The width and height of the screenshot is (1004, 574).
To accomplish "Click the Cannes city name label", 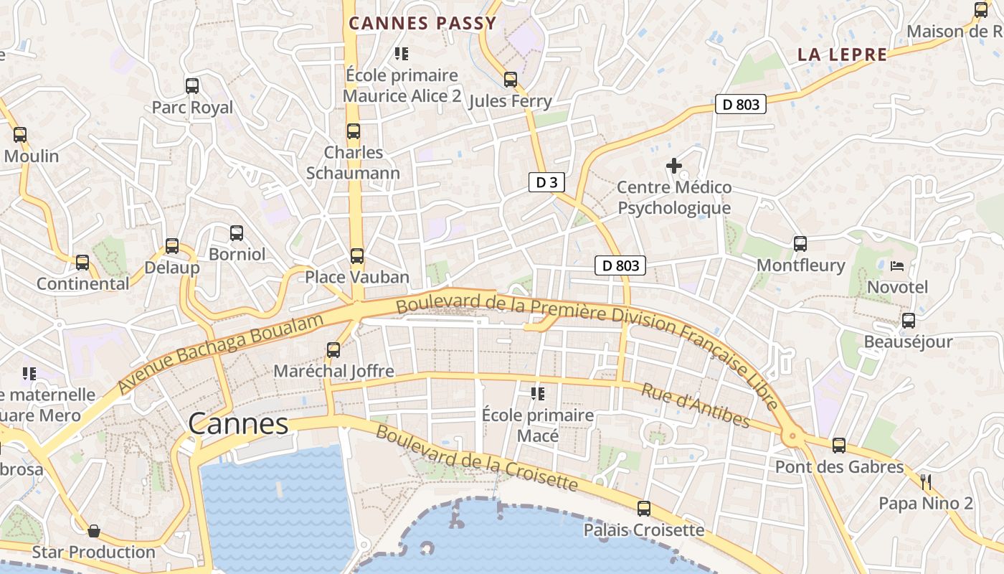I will pyautogui.click(x=238, y=424).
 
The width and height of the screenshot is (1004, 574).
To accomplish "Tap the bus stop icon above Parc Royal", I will pyautogui.click(x=192, y=86).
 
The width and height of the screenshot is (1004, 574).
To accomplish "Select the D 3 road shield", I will pyautogui.click(x=546, y=182).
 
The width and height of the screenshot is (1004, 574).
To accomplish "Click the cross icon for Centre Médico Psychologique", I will pyautogui.click(x=674, y=166).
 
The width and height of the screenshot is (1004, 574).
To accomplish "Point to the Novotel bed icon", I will pyautogui.click(x=897, y=266).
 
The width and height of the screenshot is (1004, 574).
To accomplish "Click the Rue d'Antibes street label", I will pyautogui.click(x=695, y=406).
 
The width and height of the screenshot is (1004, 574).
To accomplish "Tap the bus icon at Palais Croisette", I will pyautogui.click(x=644, y=509).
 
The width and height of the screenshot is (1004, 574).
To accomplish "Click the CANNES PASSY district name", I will pyautogui.click(x=422, y=23).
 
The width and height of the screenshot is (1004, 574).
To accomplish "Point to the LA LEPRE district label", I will pyautogui.click(x=842, y=55).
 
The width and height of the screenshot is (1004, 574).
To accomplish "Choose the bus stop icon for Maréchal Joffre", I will pyautogui.click(x=333, y=350).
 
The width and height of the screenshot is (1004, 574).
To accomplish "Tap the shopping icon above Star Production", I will pyautogui.click(x=94, y=531).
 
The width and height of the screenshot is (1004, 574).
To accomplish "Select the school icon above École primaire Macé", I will pyautogui.click(x=537, y=393).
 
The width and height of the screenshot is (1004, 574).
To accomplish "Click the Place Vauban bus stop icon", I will pyautogui.click(x=356, y=256).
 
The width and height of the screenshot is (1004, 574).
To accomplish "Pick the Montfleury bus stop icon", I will pyautogui.click(x=800, y=244).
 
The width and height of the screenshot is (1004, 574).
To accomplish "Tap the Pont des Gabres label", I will pyautogui.click(x=839, y=467).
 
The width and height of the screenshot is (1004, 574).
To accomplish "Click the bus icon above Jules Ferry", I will pyautogui.click(x=511, y=80).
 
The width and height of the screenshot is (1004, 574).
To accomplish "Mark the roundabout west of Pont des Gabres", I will pyautogui.click(x=792, y=436).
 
